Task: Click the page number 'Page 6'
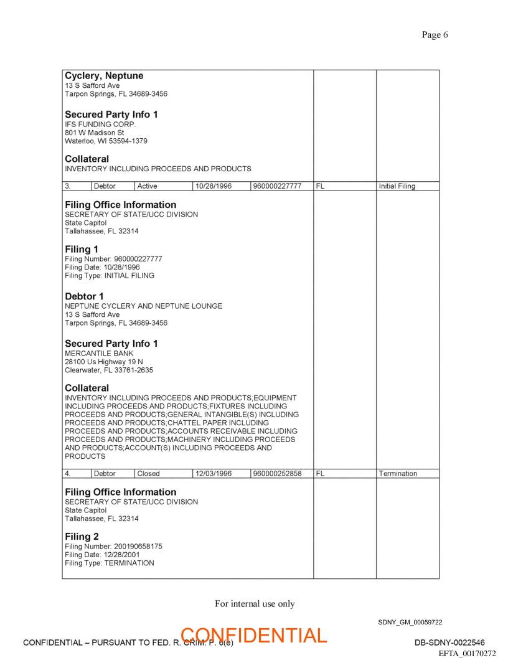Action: coord(435,35)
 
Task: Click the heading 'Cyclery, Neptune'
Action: coord(104,76)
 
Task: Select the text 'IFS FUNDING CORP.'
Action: coord(100,124)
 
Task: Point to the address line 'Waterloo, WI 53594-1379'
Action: coord(106,141)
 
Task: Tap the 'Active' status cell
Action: coord(147,186)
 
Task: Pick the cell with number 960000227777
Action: coord(278,186)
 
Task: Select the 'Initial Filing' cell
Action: coord(397,186)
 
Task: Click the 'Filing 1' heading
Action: coord(82,250)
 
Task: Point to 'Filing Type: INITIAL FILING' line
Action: coord(110,275)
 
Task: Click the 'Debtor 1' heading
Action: coord(84,296)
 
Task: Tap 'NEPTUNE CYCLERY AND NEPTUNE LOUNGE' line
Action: coord(143,306)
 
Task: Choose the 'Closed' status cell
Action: coord(148,474)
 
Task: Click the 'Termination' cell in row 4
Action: coord(398,474)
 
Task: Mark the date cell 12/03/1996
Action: coord(214,474)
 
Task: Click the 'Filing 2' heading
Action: coord(82,537)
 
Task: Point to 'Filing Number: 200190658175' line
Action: coord(113,547)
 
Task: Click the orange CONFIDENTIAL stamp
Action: coord(253,636)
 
